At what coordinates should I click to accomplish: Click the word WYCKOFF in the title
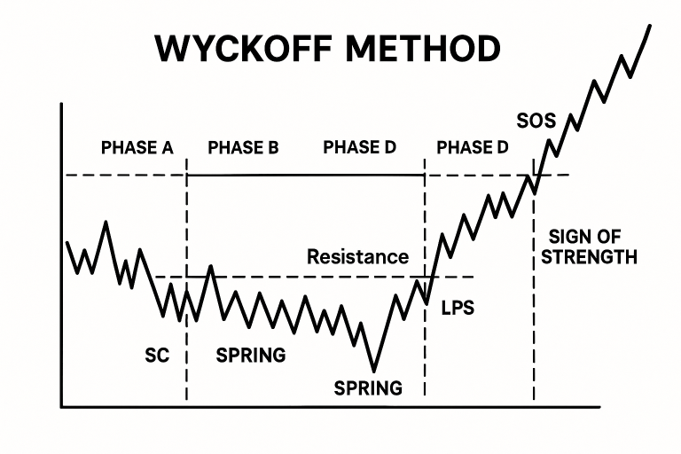244,48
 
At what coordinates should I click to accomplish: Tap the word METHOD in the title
423,48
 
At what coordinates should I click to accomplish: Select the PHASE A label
137,148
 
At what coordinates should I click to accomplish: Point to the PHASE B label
243,148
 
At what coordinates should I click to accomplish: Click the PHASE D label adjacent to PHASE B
360,147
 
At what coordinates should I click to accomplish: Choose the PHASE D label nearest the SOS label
473,148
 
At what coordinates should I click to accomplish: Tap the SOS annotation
536,121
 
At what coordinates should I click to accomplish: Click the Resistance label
358,257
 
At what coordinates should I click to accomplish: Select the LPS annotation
458,308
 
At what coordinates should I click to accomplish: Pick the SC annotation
157,356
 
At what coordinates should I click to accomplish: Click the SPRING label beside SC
251,356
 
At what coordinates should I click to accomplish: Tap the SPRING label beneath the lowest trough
368,388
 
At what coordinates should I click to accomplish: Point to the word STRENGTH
589,257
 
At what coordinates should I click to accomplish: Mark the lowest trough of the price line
374,371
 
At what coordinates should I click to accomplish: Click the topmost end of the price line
650,26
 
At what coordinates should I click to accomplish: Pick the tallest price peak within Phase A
106,223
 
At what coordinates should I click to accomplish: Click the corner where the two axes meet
62,407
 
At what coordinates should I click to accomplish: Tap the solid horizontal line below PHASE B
306,175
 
